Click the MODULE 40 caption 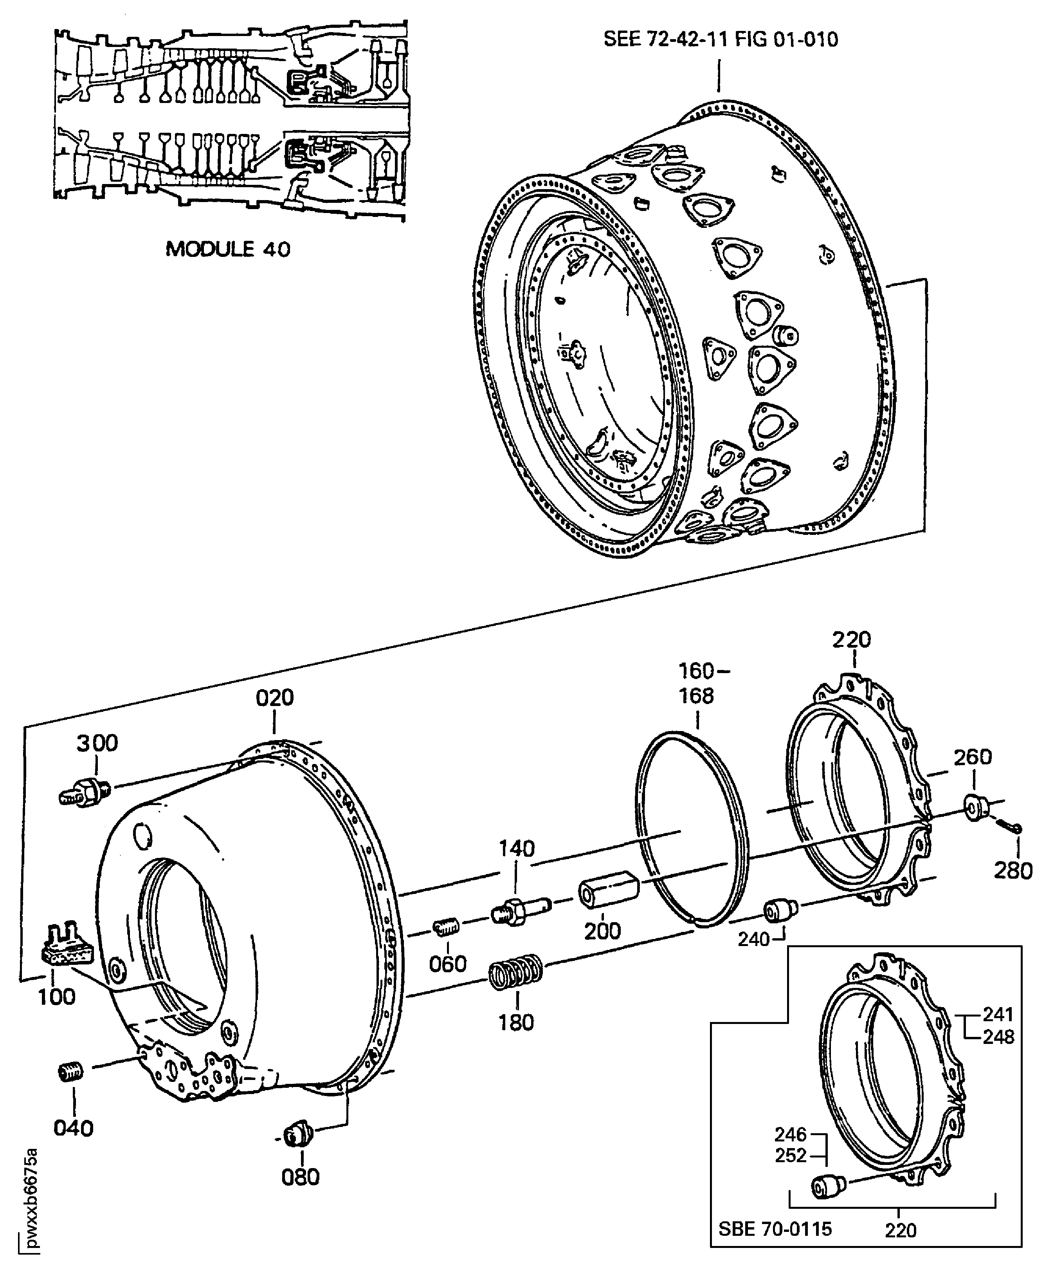click(x=228, y=249)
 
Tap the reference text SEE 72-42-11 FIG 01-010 click(x=721, y=40)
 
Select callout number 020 click(x=274, y=698)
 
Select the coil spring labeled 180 click(x=515, y=972)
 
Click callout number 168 click(x=697, y=695)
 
